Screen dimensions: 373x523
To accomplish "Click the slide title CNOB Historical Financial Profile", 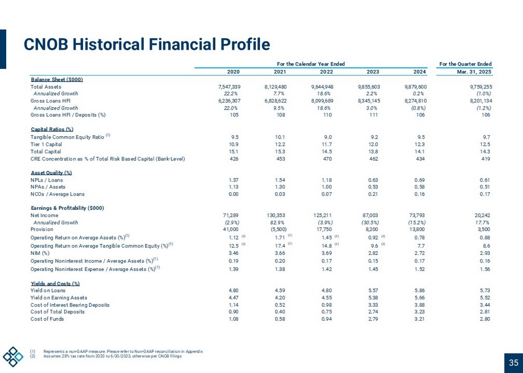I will (147, 45).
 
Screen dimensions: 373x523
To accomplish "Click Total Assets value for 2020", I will (229, 87).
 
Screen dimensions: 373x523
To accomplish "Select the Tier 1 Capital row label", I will (47, 144).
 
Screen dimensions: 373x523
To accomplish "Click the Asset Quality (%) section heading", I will (51, 173).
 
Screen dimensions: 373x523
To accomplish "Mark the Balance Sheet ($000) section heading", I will (57, 80).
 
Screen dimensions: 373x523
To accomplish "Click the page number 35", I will (513, 363).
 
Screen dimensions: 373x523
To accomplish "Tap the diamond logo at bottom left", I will (13, 356).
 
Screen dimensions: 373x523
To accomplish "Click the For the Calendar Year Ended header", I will (311, 64).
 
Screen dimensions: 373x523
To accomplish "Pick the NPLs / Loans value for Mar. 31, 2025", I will (485, 180).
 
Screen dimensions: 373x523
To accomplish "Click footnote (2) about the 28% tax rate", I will (112, 356).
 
